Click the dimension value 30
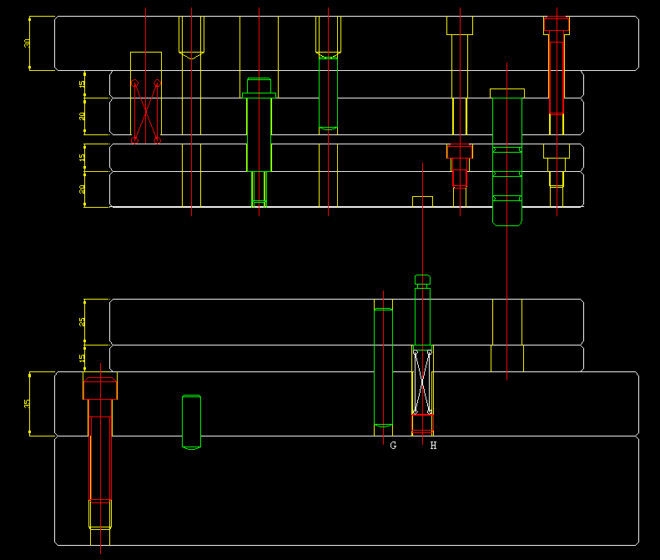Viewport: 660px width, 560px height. pyautogui.click(x=27, y=43)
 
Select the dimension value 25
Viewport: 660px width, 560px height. pyautogui.click(x=83, y=321)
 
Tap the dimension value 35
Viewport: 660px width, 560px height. pyautogui.click(x=27, y=403)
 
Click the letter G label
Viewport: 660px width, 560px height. pyautogui.click(x=393, y=446)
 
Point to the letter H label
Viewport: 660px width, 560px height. pyautogui.click(x=433, y=446)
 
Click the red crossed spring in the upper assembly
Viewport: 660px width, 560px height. pyautogui.click(x=146, y=111)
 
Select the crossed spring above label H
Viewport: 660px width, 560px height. pyautogui.click(x=423, y=381)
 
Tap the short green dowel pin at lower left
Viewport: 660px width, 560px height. pyautogui.click(x=191, y=421)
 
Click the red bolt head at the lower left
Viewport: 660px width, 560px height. pyautogui.click(x=100, y=386)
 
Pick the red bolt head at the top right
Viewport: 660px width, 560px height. pyautogui.click(x=557, y=25)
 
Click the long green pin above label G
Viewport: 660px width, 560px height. pyautogui.click(x=383, y=367)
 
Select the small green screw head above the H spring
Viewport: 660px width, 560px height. pyautogui.click(x=423, y=280)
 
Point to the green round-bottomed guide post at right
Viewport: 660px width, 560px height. pyautogui.click(x=506, y=159)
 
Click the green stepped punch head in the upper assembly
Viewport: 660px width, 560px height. pyautogui.click(x=259, y=87)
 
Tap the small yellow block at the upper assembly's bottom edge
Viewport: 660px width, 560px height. pyautogui.click(x=423, y=201)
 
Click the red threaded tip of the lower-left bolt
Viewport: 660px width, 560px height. pyautogui.click(x=100, y=513)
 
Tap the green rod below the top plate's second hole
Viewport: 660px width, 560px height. pyautogui.click(x=329, y=92)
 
